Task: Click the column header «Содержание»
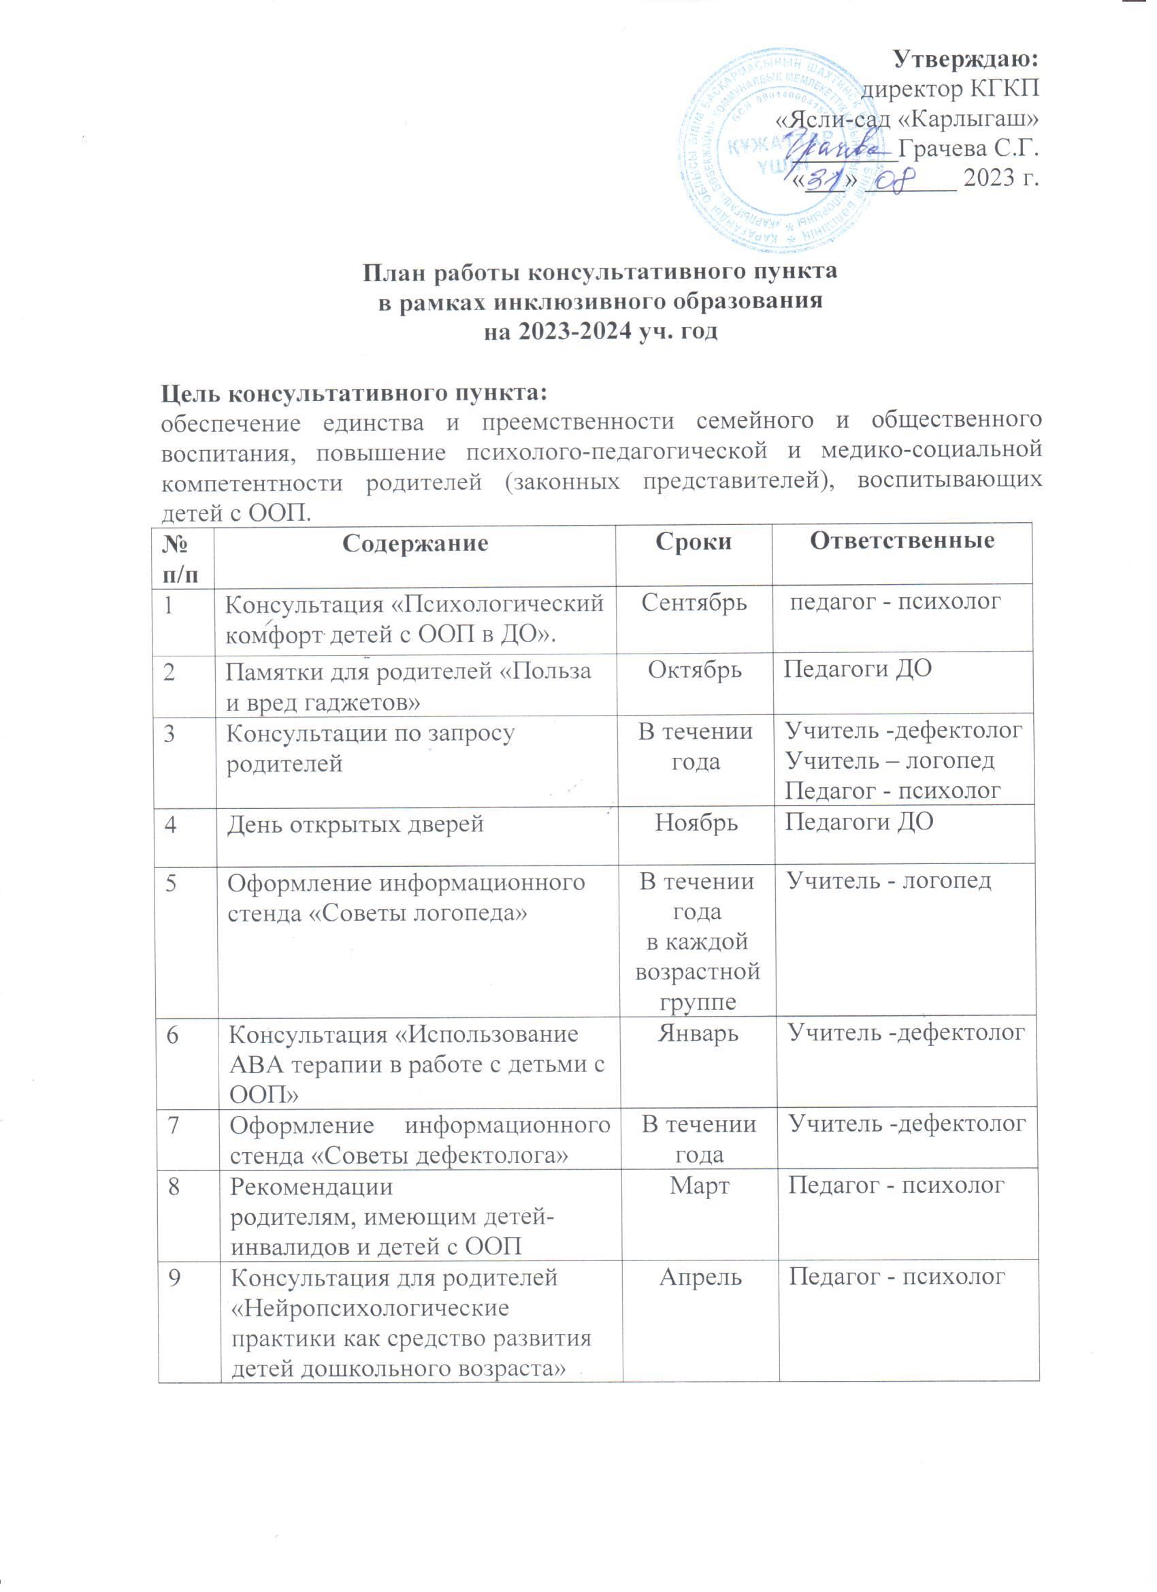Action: [x=414, y=543]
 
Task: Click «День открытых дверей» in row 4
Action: [x=355, y=823]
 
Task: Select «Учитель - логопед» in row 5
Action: [x=890, y=881]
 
